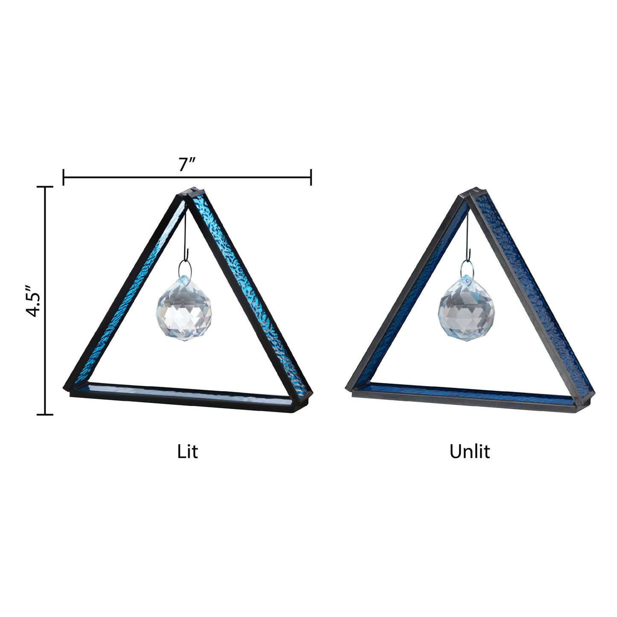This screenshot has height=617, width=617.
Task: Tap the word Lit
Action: [187, 451]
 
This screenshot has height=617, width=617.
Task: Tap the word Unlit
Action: [469, 451]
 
